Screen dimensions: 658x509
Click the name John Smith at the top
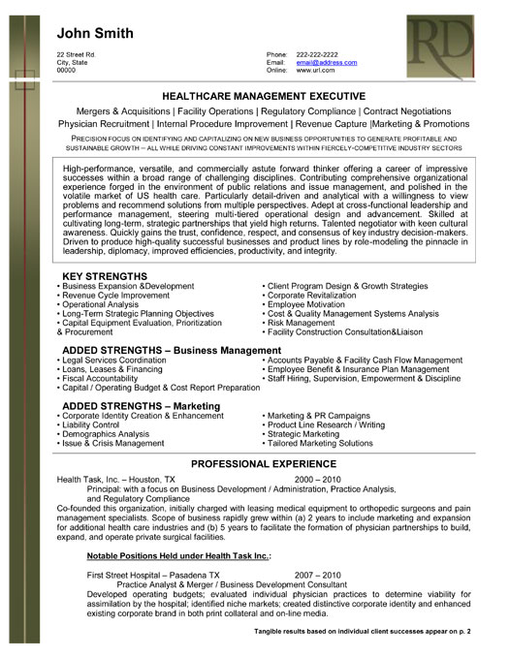click(x=94, y=33)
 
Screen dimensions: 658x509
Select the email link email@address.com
click(x=327, y=62)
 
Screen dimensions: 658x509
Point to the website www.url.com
click(x=314, y=71)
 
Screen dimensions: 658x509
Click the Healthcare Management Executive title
click(x=262, y=97)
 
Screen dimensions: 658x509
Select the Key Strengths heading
click(x=104, y=277)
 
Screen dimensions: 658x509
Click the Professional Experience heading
click(x=262, y=464)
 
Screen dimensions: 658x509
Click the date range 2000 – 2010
click(x=318, y=480)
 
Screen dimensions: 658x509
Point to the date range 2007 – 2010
click(x=318, y=575)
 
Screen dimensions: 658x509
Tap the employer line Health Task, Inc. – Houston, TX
click(x=116, y=480)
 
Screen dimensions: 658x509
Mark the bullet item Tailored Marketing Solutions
click(x=320, y=443)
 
